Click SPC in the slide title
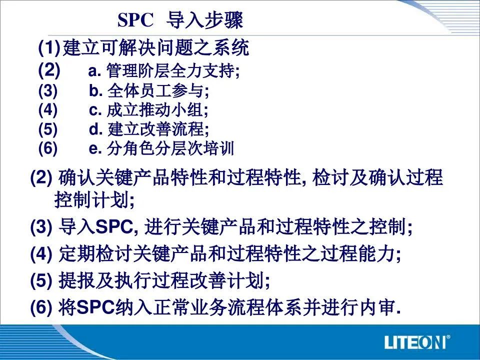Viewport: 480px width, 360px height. tap(135, 20)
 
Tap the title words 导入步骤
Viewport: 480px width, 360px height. tap(204, 20)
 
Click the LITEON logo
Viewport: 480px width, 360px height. tap(414, 342)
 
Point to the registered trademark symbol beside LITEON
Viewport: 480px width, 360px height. tap(448, 337)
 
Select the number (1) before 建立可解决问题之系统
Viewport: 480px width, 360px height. tap(49, 48)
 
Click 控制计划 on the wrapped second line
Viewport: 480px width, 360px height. tap(91, 200)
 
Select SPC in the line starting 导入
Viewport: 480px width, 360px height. tap(114, 227)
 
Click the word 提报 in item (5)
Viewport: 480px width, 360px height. tap(76, 280)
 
